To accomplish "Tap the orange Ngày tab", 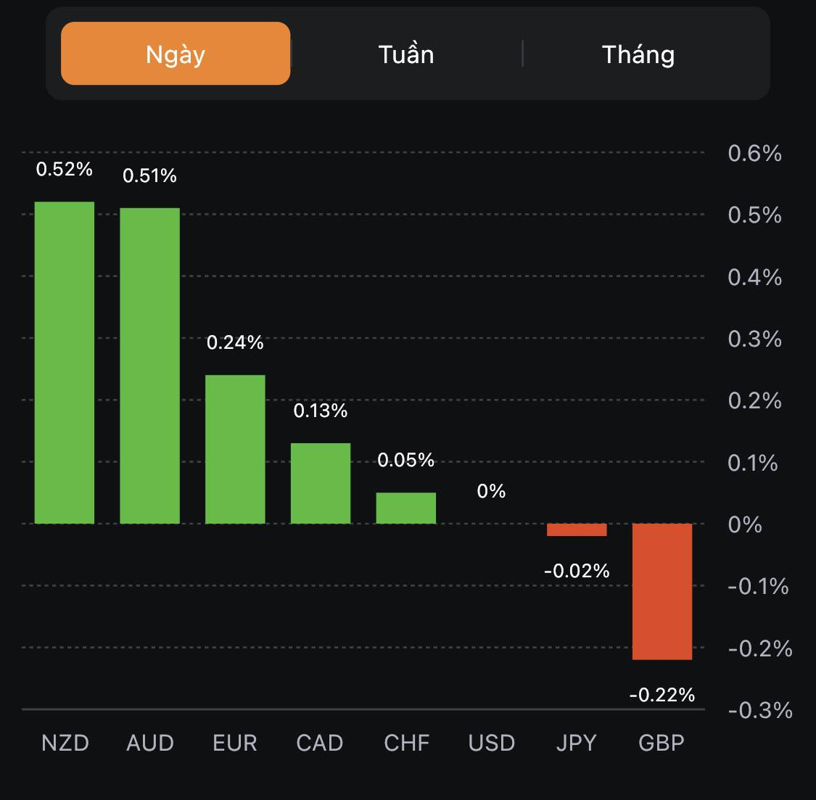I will (x=176, y=54).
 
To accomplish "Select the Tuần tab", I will (x=406, y=54).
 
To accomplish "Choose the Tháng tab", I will (x=638, y=54).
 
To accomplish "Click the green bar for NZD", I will (x=65, y=363).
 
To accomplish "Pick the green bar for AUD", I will (x=149, y=366).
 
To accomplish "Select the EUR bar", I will (x=235, y=449).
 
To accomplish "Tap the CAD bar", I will (x=321, y=483).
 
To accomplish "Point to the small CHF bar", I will (x=405, y=508).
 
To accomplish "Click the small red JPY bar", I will (x=577, y=529).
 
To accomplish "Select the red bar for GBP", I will (x=662, y=591).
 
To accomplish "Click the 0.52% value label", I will (x=65, y=170).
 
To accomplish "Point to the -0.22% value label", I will (x=662, y=695).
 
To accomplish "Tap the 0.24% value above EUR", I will (x=235, y=342).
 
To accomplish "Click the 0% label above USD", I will (x=491, y=491).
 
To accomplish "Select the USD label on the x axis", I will (x=491, y=743).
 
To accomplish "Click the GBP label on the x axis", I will (x=662, y=743).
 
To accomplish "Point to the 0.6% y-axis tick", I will (x=754, y=153).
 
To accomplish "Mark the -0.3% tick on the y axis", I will (x=759, y=709).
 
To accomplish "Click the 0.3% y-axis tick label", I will (x=754, y=339).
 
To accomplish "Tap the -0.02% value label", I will (x=577, y=571).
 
